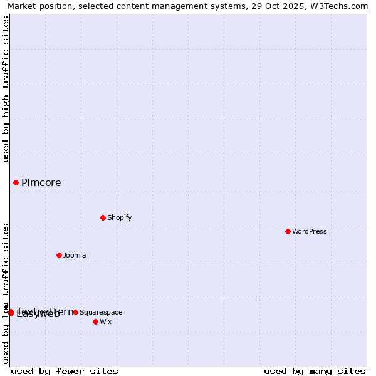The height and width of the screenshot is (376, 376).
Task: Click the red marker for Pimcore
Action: (16, 182)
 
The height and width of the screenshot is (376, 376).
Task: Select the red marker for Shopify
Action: (103, 217)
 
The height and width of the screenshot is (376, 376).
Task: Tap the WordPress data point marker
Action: (288, 231)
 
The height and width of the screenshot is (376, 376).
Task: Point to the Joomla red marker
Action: (59, 255)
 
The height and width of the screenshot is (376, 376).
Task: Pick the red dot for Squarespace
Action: (75, 312)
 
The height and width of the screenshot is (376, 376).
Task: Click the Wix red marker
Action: (95, 321)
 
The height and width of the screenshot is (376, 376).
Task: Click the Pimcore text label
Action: (41, 183)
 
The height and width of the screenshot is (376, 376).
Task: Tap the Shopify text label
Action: (119, 217)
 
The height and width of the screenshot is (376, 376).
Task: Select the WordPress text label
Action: (310, 231)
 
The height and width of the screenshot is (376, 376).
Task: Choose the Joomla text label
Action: (75, 255)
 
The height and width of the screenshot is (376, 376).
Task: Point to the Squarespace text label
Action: (101, 312)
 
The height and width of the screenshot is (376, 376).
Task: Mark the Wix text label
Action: (105, 321)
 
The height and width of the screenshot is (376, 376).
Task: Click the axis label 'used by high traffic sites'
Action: (6, 89)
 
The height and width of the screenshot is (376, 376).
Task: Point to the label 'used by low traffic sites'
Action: (6, 293)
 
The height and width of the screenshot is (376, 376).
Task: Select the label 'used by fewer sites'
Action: (65, 371)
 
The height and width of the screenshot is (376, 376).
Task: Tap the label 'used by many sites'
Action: (315, 371)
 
